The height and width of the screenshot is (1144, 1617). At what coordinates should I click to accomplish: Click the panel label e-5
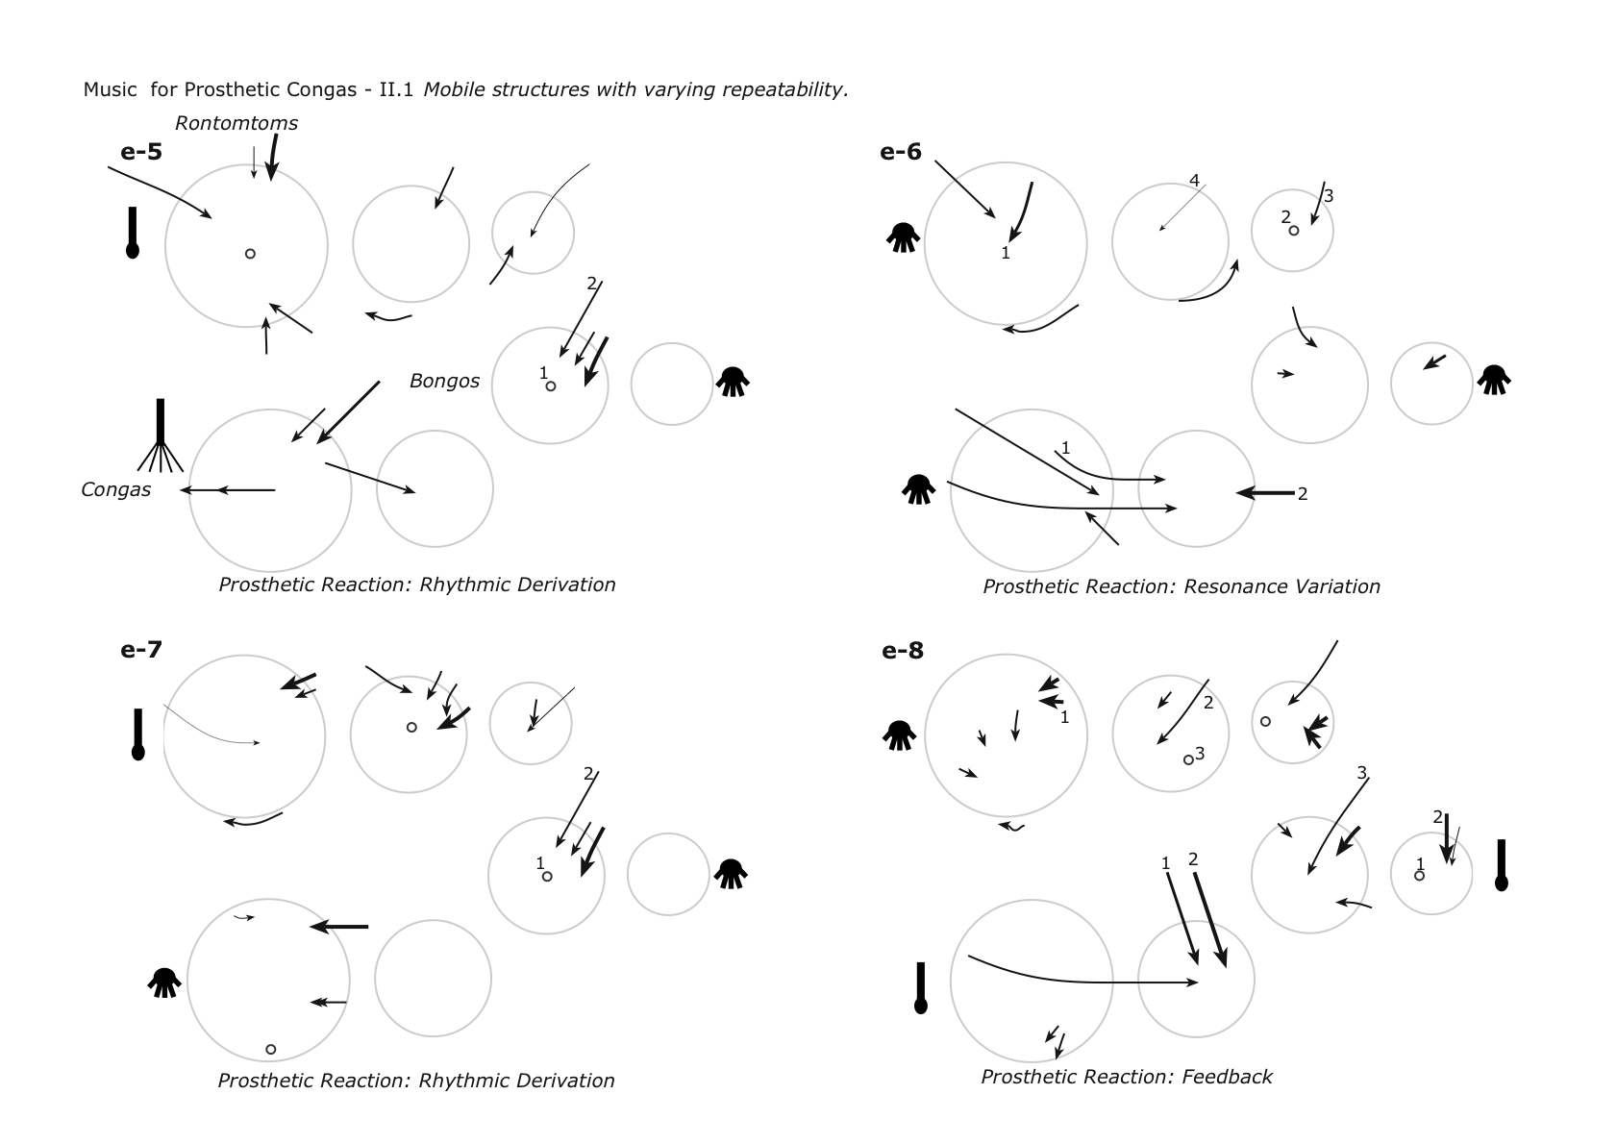coord(140,151)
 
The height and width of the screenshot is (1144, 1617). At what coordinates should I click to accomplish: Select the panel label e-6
coord(900,151)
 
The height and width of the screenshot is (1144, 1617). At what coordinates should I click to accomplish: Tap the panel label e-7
coord(140,649)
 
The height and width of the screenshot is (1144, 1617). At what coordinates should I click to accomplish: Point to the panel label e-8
coord(902,651)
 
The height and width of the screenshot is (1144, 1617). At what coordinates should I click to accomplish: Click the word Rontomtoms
coord(236,123)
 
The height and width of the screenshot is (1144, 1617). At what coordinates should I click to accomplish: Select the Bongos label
coord(444,381)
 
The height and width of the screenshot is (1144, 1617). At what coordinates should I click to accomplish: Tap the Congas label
coord(115,489)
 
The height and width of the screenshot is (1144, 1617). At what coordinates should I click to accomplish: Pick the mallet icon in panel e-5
coord(133,233)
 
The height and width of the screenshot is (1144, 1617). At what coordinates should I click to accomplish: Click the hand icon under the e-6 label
coord(903,236)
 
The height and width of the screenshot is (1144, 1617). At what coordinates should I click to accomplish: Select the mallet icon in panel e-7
coord(137,734)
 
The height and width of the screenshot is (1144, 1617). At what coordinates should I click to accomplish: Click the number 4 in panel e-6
coord(1194,180)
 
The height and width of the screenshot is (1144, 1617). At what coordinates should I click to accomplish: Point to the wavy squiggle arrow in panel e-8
coord(1011,826)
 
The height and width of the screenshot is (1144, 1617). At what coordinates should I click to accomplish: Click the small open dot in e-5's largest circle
coord(250,254)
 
